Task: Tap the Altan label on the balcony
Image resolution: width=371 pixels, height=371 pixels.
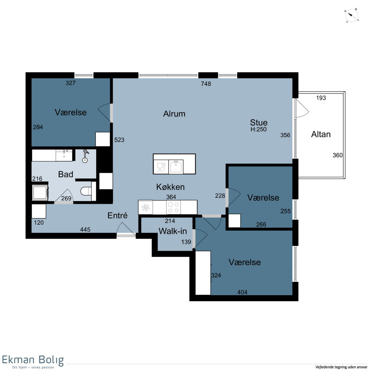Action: tap(321, 134)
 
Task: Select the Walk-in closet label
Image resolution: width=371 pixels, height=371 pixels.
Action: tap(173, 231)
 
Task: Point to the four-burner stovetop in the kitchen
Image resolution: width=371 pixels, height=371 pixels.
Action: tap(173, 207)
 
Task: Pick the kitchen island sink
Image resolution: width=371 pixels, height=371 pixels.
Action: tap(176, 167)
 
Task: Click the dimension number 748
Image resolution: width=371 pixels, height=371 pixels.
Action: tap(206, 84)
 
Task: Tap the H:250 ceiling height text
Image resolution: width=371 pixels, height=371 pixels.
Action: tap(258, 129)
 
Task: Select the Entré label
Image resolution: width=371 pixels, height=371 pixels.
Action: tap(117, 215)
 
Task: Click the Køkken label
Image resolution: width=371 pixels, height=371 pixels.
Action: tap(170, 187)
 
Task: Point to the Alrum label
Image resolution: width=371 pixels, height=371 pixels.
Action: tap(174, 114)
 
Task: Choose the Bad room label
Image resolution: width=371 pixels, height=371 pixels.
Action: tap(66, 174)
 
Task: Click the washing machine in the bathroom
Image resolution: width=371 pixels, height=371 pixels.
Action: tap(40, 193)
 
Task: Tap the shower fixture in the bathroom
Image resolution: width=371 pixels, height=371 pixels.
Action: tap(85, 156)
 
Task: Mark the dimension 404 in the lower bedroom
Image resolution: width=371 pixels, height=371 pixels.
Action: tap(242, 292)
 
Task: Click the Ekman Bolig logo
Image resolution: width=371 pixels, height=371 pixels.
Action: tap(33, 362)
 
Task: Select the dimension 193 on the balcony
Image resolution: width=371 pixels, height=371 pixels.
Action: tap(321, 98)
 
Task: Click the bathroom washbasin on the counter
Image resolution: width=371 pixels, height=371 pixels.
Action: tap(64, 156)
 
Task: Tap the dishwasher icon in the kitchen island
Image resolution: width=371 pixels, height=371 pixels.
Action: tap(161, 167)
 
